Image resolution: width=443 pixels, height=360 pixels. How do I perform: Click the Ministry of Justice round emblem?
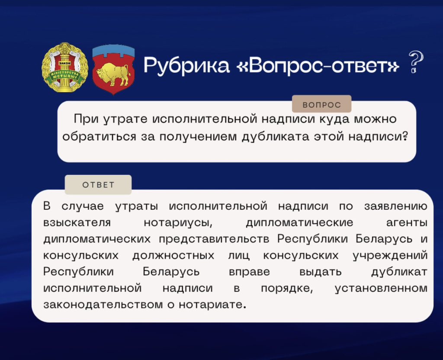pos(65,67)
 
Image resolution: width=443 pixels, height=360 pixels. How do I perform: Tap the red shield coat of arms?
pos(114,69)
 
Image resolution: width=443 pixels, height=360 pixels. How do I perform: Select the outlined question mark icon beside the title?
pos(415,63)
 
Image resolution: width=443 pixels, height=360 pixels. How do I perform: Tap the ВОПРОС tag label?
pos(321,105)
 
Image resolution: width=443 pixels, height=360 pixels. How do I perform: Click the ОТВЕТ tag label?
pos(98,185)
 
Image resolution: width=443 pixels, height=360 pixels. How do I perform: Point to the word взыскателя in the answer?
pos(77,223)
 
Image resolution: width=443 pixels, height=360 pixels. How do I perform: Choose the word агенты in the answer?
pos(406,223)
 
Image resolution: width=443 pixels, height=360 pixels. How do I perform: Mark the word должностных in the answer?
pos(173,255)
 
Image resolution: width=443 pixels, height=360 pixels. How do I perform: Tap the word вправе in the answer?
pos(249,271)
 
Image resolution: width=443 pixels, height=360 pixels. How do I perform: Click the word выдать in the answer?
pos(320,271)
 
